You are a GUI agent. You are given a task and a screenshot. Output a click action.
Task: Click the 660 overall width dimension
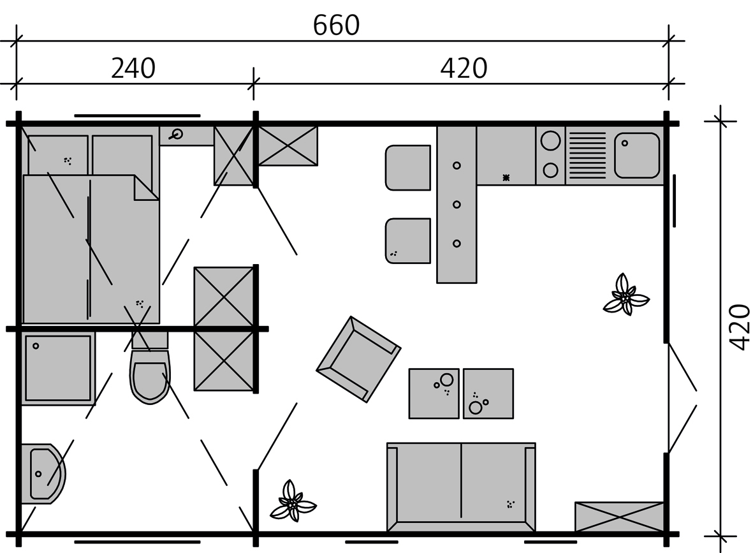coord(336,26)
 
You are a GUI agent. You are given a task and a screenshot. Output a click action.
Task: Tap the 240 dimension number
coord(133,68)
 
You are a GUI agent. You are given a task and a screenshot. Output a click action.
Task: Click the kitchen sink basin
coord(637,155)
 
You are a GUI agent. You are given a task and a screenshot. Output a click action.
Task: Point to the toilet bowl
coord(150,378)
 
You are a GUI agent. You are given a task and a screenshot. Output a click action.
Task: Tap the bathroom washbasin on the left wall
coord(43,475)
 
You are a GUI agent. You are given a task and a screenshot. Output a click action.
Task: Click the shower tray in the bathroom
coord(57,368)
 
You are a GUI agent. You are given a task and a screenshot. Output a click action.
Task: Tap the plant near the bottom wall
coord(292,502)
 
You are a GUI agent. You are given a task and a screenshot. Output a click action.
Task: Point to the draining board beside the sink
coord(587,155)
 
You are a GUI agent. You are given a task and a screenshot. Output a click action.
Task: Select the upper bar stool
coord(408,168)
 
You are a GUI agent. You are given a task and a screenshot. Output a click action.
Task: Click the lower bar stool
coord(408,240)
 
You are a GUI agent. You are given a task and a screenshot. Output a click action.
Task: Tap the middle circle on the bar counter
coord(457,204)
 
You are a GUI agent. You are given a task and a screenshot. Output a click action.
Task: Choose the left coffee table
coord(434,393)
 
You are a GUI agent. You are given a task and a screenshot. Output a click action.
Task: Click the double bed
coord(91,249)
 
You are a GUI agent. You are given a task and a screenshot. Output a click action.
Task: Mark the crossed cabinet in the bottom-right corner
coord(619,517)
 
